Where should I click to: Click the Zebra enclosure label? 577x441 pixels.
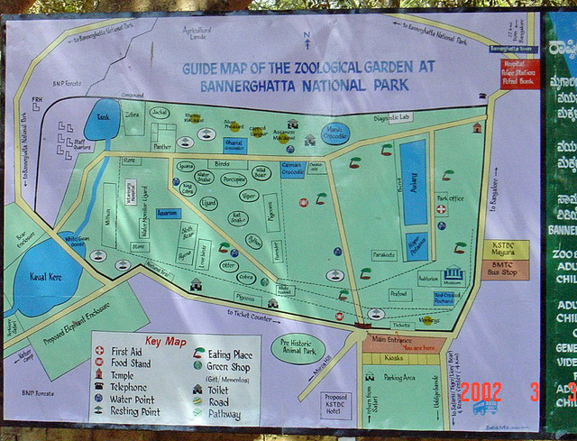pos(133,115)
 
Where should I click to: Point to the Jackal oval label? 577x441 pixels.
pos(160,112)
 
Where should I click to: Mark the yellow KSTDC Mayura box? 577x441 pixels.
pos(502,248)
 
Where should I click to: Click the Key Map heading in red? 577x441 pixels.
pos(165,341)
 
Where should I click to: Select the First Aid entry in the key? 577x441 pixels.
pos(125,352)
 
